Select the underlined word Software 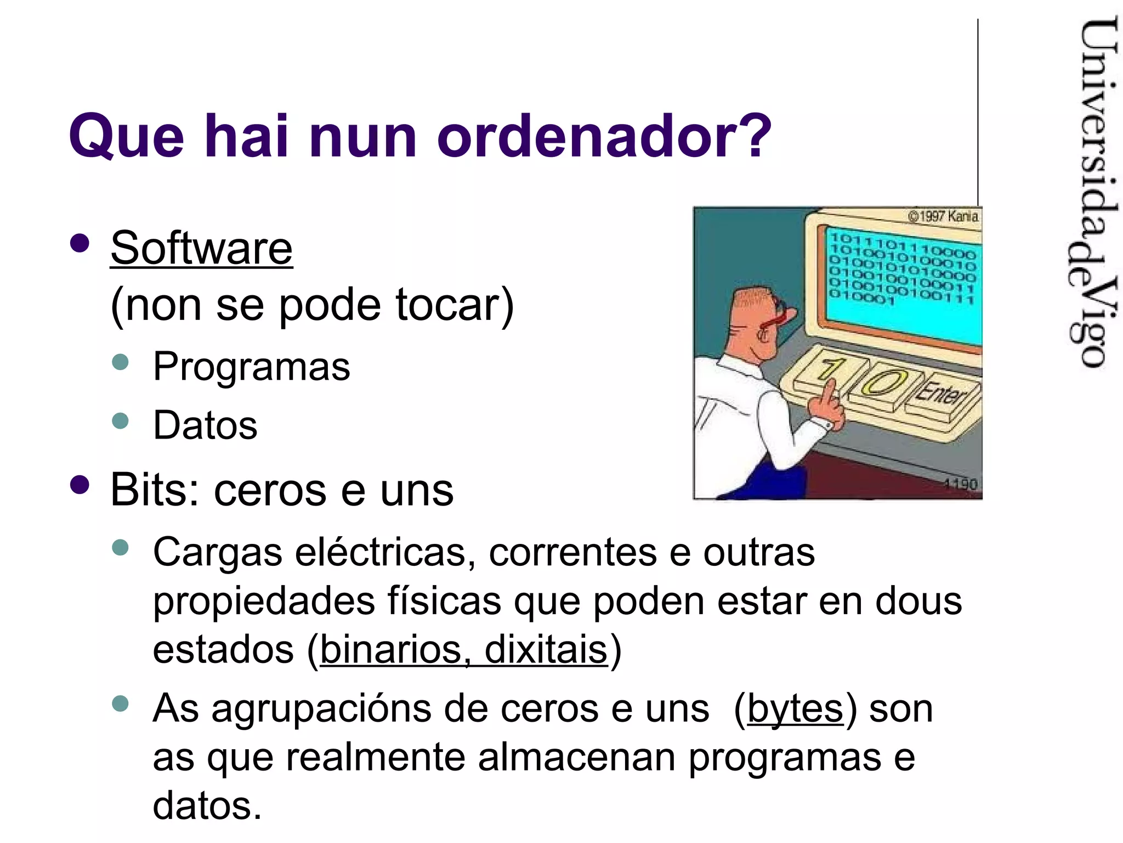tap(201, 248)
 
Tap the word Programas tap(251, 367)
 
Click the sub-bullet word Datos tap(205, 425)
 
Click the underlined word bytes tap(795, 709)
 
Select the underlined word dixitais tap(546, 650)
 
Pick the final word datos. tap(207, 806)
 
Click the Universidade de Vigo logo tap(1091, 192)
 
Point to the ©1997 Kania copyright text tap(943, 216)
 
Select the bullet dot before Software tap(80, 243)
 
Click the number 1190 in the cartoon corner tap(961, 484)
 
